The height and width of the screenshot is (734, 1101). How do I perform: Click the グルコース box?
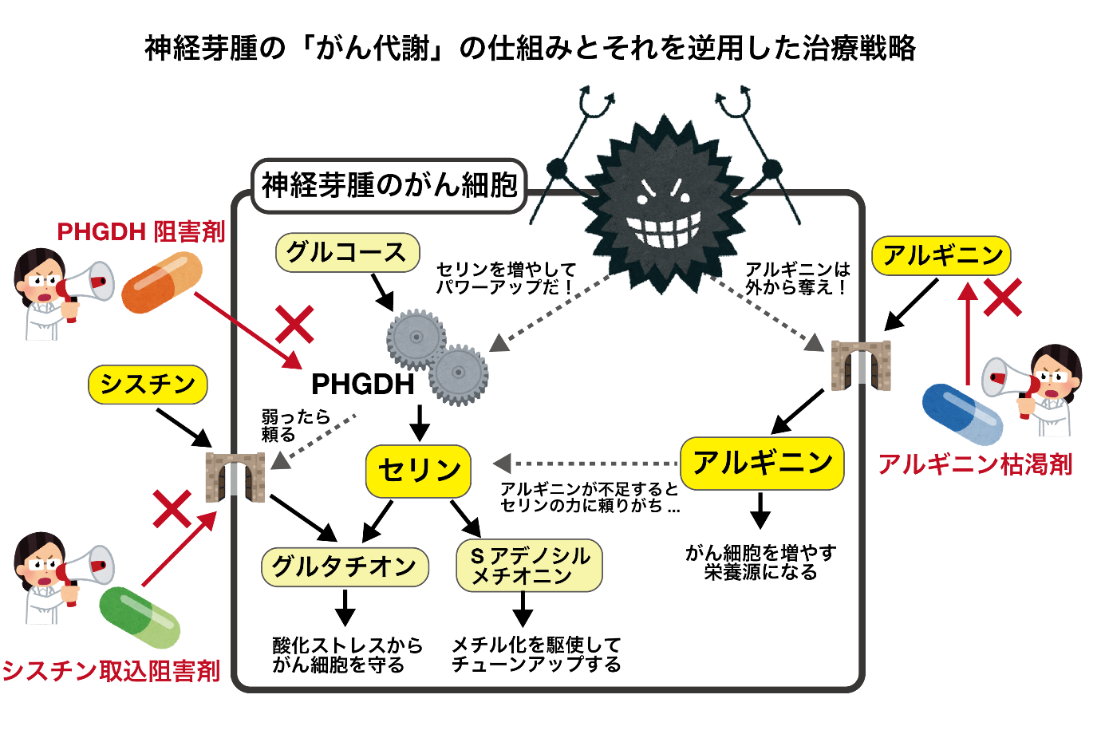(x=347, y=253)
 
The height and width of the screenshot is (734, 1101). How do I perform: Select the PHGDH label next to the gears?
(x=362, y=385)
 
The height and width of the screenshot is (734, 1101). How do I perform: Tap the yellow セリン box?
(x=418, y=471)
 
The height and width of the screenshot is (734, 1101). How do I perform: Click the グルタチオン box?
(x=345, y=566)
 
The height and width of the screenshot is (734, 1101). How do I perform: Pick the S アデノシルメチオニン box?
(x=529, y=566)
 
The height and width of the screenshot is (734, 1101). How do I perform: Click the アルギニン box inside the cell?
(x=762, y=463)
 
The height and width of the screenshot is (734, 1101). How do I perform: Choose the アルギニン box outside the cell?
(x=941, y=255)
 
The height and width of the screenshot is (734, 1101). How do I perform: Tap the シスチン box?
(x=148, y=385)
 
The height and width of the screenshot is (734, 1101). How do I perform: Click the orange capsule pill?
(x=162, y=282)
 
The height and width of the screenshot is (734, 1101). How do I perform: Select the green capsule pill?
(x=140, y=618)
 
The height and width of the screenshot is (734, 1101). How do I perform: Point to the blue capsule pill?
(x=962, y=414)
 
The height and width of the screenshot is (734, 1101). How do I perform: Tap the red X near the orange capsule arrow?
(x=294, y=325)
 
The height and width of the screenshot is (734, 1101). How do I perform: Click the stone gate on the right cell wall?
(x=861, y=365)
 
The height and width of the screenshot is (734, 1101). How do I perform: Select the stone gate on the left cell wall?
(x=235, y=477)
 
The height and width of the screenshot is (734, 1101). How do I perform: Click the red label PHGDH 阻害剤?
(x=141, y=232)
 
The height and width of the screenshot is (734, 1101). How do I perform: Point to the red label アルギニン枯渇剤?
(x=975, y=464)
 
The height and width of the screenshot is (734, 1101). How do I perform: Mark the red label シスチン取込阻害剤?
(x=111, y=671)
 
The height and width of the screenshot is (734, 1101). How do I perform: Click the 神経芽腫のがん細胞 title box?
(x=389, y=186)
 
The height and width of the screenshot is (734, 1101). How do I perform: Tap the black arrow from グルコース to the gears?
(x=384, y=292)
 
